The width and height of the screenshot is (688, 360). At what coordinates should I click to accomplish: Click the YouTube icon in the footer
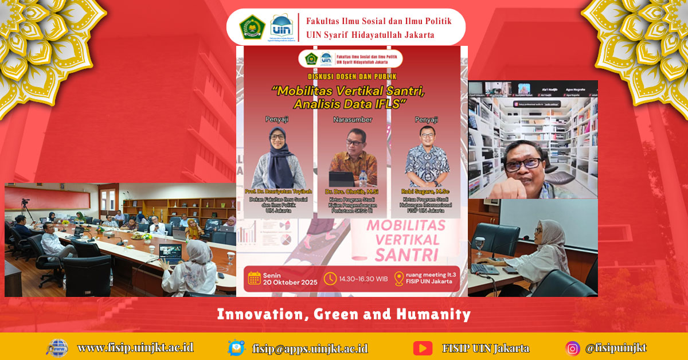coord(423,348)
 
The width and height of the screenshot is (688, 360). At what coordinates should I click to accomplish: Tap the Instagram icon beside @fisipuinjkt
coord(572,348)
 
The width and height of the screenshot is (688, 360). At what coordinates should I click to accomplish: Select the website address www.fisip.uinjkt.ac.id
coord(135,347)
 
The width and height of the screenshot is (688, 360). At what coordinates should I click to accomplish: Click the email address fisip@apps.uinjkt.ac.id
coord(310,348)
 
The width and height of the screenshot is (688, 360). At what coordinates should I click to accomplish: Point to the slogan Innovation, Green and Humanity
coord(344,314)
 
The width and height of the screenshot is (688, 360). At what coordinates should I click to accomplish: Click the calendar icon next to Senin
coord(255,279)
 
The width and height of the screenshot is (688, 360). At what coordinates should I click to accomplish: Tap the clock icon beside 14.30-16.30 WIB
coord(330,279)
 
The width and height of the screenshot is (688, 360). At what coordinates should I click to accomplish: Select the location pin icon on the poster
coord(398,279)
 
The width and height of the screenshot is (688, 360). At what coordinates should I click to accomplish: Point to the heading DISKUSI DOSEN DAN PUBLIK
coord(351,76)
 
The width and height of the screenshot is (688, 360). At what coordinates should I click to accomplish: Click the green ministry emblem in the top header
coord(252,28)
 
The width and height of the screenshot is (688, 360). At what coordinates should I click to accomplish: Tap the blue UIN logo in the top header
coord(281,26)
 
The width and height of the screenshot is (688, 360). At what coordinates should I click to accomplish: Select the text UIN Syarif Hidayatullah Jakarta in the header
coord(370,35)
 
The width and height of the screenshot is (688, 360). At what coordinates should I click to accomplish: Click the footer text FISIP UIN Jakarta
coord(486,348)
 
